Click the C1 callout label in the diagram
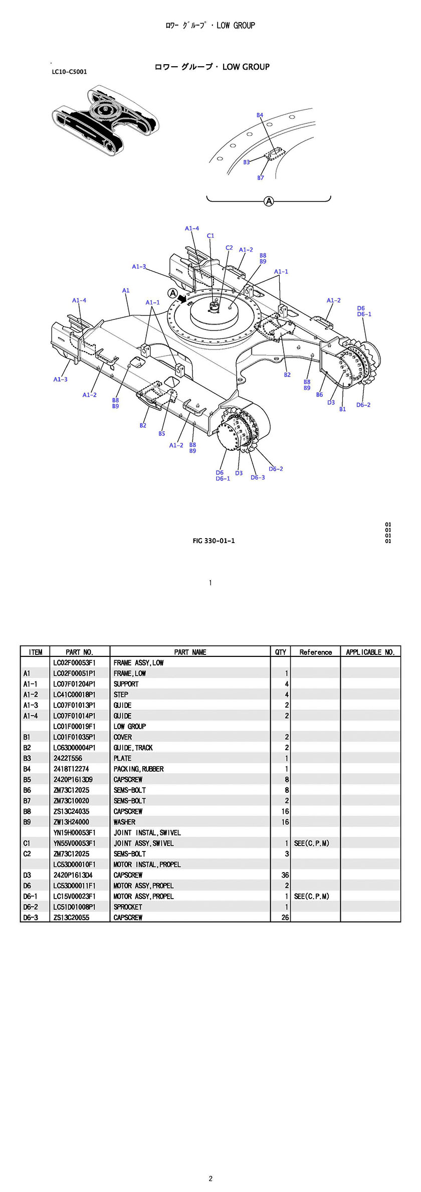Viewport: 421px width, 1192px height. pyautogui.click(x=210, y=236)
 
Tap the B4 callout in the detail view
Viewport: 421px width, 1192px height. pyautogui.click(x=260, y=115)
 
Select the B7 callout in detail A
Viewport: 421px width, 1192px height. pyautogui.click(x=261, y=178)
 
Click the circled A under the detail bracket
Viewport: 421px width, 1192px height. pyautogui.click(x=269, y=201)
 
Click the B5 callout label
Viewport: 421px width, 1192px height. pyautogui.click(x=161, y=434)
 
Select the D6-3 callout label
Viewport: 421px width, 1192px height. pyautogui.click(x=258, y=477)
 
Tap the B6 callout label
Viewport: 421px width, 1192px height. pyautogui.click(x=319, y=395)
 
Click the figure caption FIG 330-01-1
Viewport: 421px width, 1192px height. pyautogui.click(x=214, y=541)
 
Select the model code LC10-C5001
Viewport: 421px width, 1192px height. pyautogui.click(x=69, y=72)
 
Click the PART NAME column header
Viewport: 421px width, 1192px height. pyautogui.click(x=190, y=652)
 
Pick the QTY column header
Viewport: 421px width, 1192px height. pyautogui.click(x=281, y=652)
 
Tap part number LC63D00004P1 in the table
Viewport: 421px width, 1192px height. pyautogui.click(x=74, y=748)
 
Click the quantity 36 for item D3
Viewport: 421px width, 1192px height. pyautogui.click(x=285, y=875)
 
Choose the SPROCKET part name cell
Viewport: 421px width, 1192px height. pyautogui.click(x=128, y=907)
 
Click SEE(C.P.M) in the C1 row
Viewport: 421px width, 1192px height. pyautogui.click(x=312, y=843)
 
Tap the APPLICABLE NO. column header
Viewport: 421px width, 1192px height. pyautogui.click(x=370, y=652)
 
